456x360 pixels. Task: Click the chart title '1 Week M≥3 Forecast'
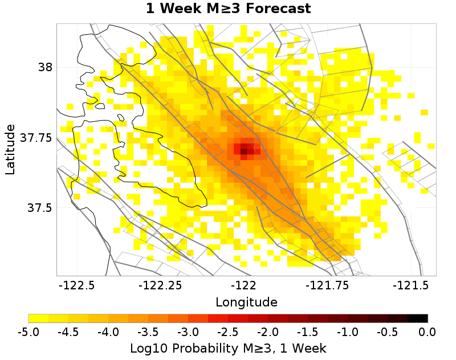tap(228, 9)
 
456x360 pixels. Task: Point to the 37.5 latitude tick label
tap(39, 208)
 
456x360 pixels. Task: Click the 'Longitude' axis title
tap(246, 302)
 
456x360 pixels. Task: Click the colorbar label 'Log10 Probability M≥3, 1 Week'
tap(228, 347)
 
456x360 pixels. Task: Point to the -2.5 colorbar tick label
tap(228, 332)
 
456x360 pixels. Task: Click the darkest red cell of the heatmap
tap(244, 151)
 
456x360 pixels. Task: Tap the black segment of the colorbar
tap(417, 318)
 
